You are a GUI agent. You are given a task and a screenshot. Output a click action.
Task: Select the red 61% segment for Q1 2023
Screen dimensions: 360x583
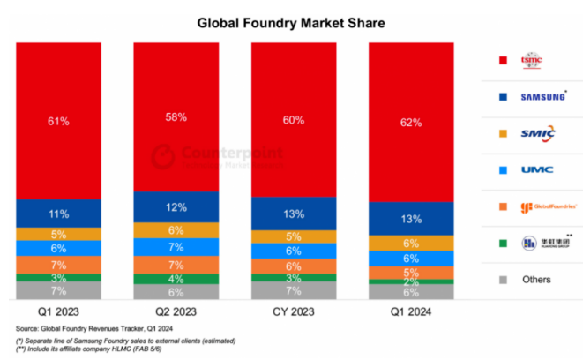(58, 120)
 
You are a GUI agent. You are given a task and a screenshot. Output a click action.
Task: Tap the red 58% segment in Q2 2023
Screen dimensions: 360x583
(176, 116)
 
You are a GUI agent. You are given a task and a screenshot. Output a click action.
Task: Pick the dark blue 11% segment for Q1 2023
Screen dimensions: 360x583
(58, 213)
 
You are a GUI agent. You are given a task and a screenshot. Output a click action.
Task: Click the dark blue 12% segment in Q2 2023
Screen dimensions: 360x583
(176, 207)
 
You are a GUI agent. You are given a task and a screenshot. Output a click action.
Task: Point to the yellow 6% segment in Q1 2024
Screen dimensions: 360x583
(411, 244)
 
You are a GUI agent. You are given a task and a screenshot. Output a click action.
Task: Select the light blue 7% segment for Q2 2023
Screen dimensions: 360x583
(176, 247)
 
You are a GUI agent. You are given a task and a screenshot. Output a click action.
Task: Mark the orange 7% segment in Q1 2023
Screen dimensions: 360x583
(58, 265)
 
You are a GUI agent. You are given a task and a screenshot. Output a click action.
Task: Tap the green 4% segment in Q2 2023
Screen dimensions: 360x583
(176, 279)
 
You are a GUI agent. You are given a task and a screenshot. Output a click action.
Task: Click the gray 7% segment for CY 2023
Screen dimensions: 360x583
(294, 289)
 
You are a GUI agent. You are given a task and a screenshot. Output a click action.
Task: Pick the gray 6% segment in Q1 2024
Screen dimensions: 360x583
(411, 292)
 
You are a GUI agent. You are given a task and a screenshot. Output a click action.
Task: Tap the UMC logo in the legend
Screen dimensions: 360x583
(536, 169)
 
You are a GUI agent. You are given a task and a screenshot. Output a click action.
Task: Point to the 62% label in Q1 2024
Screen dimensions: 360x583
(411, 121)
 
